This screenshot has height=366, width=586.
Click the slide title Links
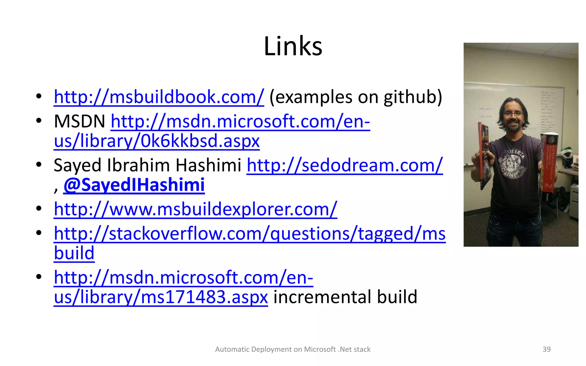point(293,46)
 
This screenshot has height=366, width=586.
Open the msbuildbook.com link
point(159,97)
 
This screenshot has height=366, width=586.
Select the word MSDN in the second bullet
point(79,122)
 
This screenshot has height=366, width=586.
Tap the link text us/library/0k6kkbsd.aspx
point(157,141)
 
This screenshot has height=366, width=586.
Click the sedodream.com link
point(345,166)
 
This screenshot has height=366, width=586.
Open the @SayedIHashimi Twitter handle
point(134,185)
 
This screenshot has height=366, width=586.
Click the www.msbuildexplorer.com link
point(195,209)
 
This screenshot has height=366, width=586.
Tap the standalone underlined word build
point(74,253)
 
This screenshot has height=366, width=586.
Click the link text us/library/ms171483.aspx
point(161,297)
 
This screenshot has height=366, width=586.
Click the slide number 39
point(547,349)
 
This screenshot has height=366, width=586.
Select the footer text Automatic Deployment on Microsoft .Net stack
point(293,349)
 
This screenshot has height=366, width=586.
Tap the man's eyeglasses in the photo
point(513,114)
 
